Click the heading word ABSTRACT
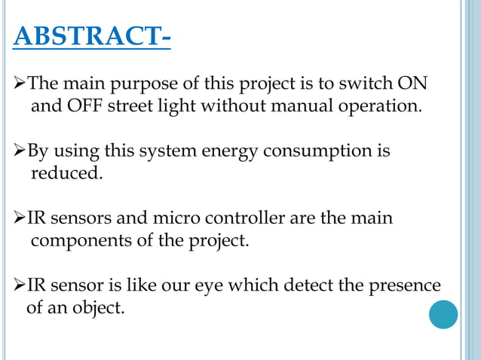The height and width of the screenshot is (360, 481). pos(86,35)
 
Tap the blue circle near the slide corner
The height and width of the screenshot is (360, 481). pos(443,314)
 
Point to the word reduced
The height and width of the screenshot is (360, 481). pos(64,174)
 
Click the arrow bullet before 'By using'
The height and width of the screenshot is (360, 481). pos(20,151)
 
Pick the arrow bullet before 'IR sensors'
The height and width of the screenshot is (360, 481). pos(20,219)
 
